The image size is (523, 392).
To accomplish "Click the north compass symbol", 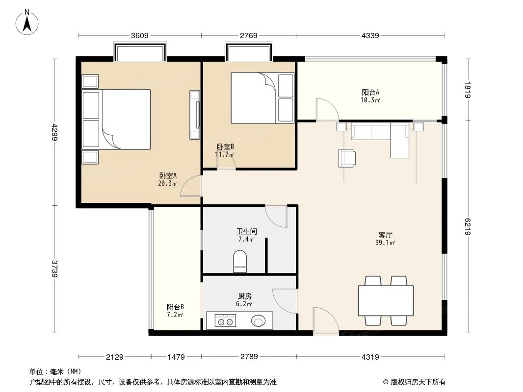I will [28, 22].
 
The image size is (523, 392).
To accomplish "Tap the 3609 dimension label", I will [140, 36].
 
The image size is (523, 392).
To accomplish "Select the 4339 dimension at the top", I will [370, 36].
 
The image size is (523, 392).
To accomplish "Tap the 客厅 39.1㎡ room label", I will [385, 239].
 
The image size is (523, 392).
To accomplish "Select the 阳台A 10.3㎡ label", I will [371, 96].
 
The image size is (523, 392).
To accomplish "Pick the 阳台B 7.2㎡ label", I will [175, 311].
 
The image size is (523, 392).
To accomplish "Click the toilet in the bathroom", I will [240, 261].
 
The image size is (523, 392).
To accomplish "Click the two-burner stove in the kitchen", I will [225, 322].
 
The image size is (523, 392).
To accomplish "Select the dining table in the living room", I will [386, 301].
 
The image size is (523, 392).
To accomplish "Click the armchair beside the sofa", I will [347, 157].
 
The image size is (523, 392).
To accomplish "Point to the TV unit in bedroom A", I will [195, 115].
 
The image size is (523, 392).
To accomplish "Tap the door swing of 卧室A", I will [191, 187].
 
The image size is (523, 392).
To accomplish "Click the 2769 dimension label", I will [249, 36].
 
